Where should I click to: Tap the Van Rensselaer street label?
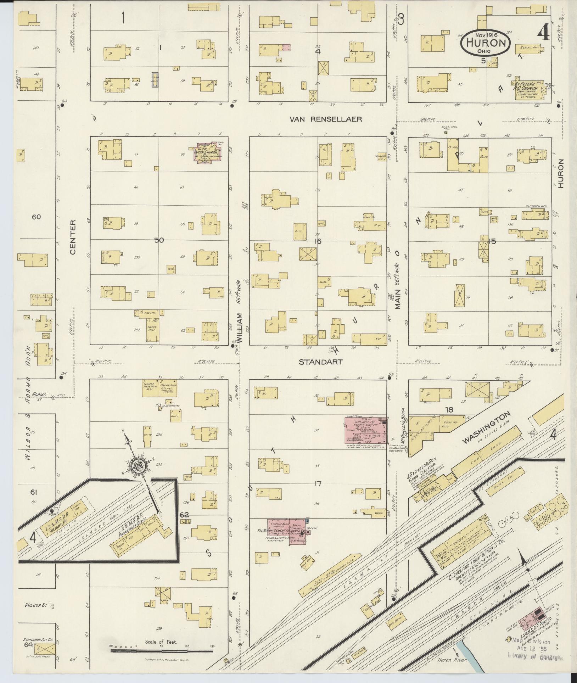pyautogui.click(x=326, y=119)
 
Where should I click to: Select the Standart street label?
pyautogui.click(x=320, y=362)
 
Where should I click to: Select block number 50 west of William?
pyautogui.click(x=159, y=240)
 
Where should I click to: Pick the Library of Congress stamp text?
pyautogui.click(x=536, y=658)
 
